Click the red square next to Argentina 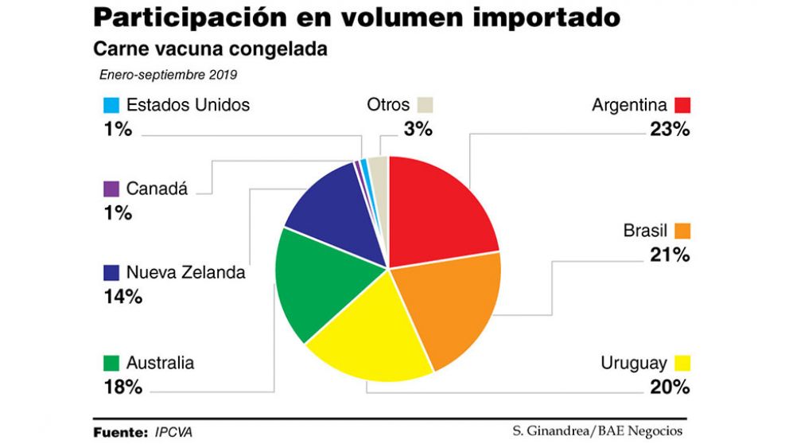click(682, 105)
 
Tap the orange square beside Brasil click(682, 231)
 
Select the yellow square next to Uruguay click(682, 364)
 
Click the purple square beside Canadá click(111, 189)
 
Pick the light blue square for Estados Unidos click(111, 105)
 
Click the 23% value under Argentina click(669, 129)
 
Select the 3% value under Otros click(417, 129)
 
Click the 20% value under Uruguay click(669, 388)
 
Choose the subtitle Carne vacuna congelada click(211, 49)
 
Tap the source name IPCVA click(173, 432)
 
